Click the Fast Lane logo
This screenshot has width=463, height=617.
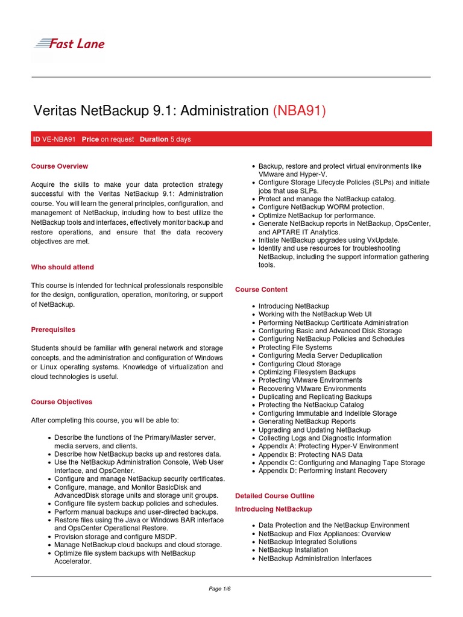point(68,43)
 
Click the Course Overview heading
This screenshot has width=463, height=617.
point(59,166)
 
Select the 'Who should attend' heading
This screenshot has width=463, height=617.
point(62,267)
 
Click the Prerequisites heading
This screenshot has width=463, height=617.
point(53,330)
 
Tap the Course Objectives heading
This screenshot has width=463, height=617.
point(61,402)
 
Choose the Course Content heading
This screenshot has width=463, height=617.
point(261,289)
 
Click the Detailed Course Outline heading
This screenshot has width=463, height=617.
point(274,496)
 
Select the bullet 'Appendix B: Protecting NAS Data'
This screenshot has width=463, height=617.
point(310,454)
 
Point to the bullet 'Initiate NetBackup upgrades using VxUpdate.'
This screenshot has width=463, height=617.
point(329,240)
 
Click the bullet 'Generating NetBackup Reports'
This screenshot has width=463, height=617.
point(307,422)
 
